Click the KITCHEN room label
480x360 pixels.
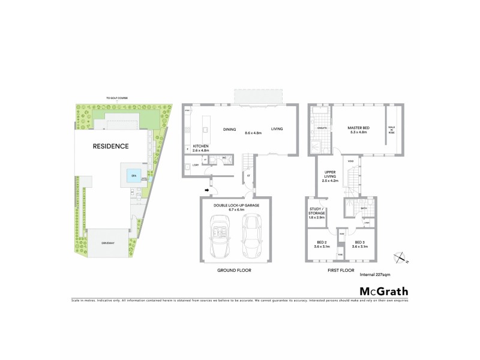pyautogui.click(x=200, y=147)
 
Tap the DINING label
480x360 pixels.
pyautogui.click(x=230, y=129)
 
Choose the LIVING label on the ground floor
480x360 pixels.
pyautogui.click(x=276, y=129)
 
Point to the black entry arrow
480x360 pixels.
pyautogui.click(x=207, y=191)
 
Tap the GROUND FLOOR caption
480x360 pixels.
pyautogui.click(x=235, y=271)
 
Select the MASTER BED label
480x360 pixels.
pyautogui.click(x=358, y=128)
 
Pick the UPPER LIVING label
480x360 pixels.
pyautogui.click(x=330, y=174)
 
